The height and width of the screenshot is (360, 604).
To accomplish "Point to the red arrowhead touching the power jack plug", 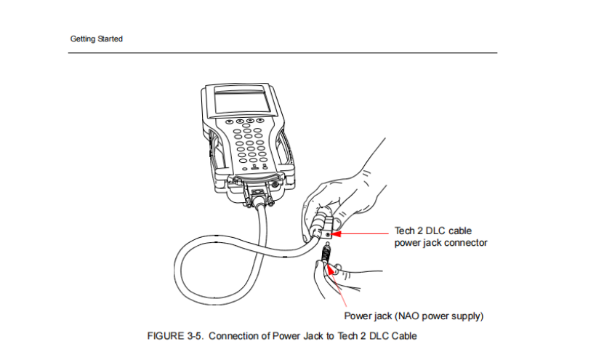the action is tap(330, 269).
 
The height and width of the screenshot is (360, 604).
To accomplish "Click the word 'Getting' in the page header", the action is tap(83, 39).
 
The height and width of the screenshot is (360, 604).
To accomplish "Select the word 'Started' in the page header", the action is tap(110, 39).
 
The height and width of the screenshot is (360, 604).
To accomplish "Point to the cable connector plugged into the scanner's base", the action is tap(259, 197).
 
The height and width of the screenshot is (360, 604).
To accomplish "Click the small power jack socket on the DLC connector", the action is tap(328, 234).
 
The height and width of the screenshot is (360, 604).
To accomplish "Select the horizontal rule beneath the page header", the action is tap(283, 53).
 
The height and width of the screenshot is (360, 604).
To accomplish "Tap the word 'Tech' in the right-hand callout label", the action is tap(404, 231).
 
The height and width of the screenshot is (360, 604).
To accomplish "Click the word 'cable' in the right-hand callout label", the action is tap(460, 231).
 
